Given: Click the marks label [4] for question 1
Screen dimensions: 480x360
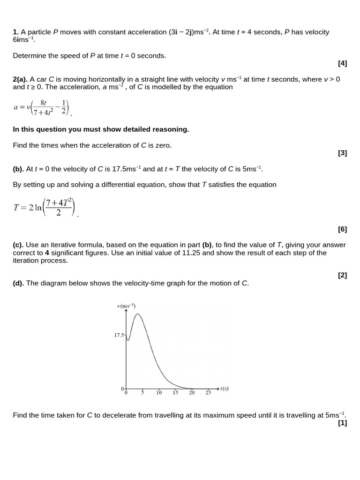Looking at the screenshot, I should [342, 63].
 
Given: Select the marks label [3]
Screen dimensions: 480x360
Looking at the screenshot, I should [342, 153].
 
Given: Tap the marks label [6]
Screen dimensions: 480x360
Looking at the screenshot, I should [342, 229].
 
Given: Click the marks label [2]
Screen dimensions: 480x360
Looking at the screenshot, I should [342, 275].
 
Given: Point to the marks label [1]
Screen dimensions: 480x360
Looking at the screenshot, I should [342, 423].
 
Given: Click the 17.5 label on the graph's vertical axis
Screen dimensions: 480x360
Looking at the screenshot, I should [119, 335].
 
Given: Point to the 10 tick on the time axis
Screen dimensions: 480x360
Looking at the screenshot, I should [159, 393].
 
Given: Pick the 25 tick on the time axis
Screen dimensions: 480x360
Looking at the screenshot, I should [208, 393].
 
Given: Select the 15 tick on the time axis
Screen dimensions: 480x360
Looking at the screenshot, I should [175, 393].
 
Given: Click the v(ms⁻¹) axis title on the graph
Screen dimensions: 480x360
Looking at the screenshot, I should [126, 306].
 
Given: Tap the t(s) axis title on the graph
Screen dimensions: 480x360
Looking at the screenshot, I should [224, 388].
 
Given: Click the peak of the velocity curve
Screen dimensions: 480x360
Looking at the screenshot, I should [137, 314].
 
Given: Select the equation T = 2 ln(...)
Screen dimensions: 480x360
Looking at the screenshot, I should [45, 208].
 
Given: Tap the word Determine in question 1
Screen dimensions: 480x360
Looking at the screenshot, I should [29, 56].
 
